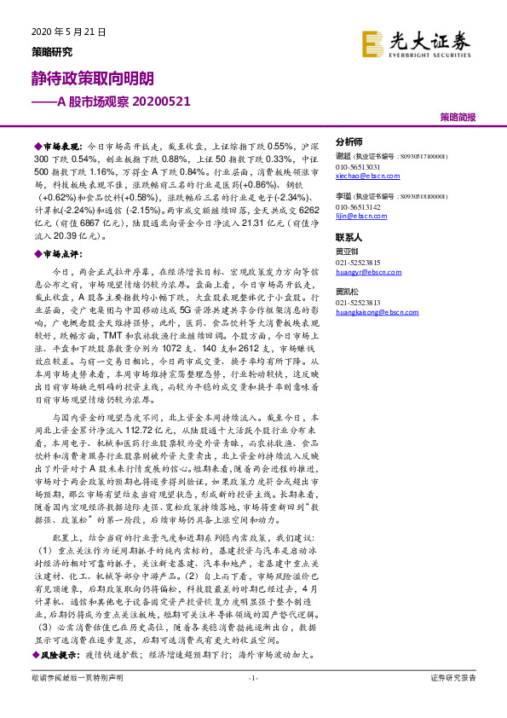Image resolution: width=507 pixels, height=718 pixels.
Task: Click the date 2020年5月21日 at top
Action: (67, 32)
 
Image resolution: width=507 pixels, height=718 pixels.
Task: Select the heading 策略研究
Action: (51, 50)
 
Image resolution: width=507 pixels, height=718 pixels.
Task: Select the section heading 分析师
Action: (349, 142)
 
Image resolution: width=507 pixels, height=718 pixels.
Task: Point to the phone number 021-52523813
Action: (358, 303)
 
